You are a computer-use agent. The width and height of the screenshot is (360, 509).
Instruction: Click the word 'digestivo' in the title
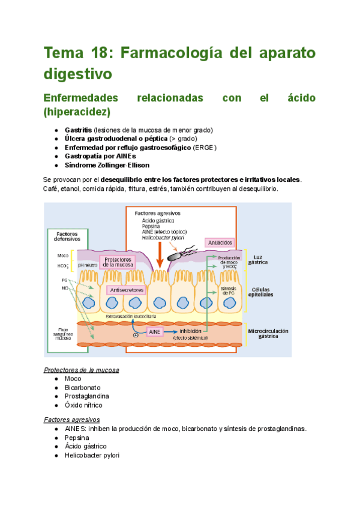(x=78, y=74)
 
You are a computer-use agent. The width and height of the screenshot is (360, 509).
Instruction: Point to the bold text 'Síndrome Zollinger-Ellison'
(x=107, y=165)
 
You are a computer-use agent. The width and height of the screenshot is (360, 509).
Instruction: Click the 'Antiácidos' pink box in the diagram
(x=220, y=242)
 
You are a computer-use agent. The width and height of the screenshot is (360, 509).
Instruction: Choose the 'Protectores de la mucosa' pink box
(x=118, y=262)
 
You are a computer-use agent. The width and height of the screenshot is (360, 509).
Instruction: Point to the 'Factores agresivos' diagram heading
(x=157, y=213)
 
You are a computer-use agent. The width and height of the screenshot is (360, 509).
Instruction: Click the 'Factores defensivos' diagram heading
(x=67, y=236)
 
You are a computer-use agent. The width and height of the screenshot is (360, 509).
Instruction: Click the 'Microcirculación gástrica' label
(x=268, y=334)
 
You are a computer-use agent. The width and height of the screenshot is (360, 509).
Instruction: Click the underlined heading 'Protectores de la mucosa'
(x=82, y=370)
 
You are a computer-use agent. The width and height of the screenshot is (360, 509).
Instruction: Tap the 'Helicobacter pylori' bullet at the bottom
(x=92, y=456)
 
